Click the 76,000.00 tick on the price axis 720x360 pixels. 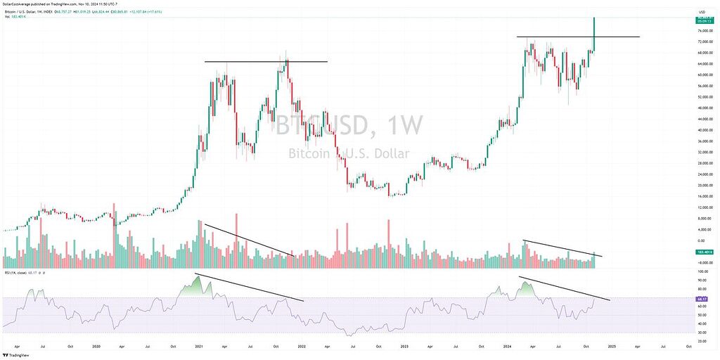pyautogui.click(x=700, y=31)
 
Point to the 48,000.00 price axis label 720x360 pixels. pyautogui.click(x=700, y=108)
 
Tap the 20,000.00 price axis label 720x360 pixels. pyautogui.click(x=700, y=185)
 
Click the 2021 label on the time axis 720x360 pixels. pyautogui.click(x=199, y=347)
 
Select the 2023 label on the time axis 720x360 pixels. pyautogui.click(x=404, y=347)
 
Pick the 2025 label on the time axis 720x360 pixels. pyautogui.click(x=612, y=347)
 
